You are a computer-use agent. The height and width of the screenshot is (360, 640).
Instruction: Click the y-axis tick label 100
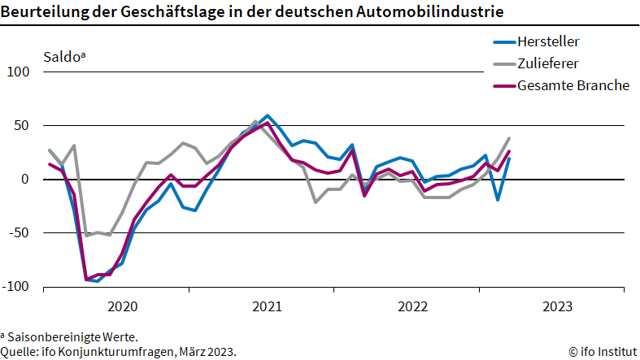coord(19,72)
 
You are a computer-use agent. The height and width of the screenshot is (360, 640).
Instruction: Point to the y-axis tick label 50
coord(22,126)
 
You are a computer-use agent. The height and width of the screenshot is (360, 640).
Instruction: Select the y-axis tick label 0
coord(25,180)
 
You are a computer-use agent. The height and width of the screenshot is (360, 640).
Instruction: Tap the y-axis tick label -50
coord(20,233)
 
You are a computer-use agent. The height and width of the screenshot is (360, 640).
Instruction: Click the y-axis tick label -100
coord(16,287)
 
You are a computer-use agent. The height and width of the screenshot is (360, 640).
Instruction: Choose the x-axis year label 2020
coord(122,306)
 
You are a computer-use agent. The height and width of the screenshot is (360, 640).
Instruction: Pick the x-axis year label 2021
coord(267,306)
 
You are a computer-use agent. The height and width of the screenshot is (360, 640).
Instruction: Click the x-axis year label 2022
coord(412,306)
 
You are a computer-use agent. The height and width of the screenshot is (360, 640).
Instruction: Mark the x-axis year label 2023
coord(557,306)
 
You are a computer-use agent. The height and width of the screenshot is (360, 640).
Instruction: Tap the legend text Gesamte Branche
coord(573,85)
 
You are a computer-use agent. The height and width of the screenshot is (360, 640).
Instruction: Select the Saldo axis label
coord(63,58)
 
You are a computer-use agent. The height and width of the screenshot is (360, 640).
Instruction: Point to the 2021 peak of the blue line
coord(268,115)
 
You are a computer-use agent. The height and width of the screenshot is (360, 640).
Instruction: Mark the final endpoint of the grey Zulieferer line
coord(509,138)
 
